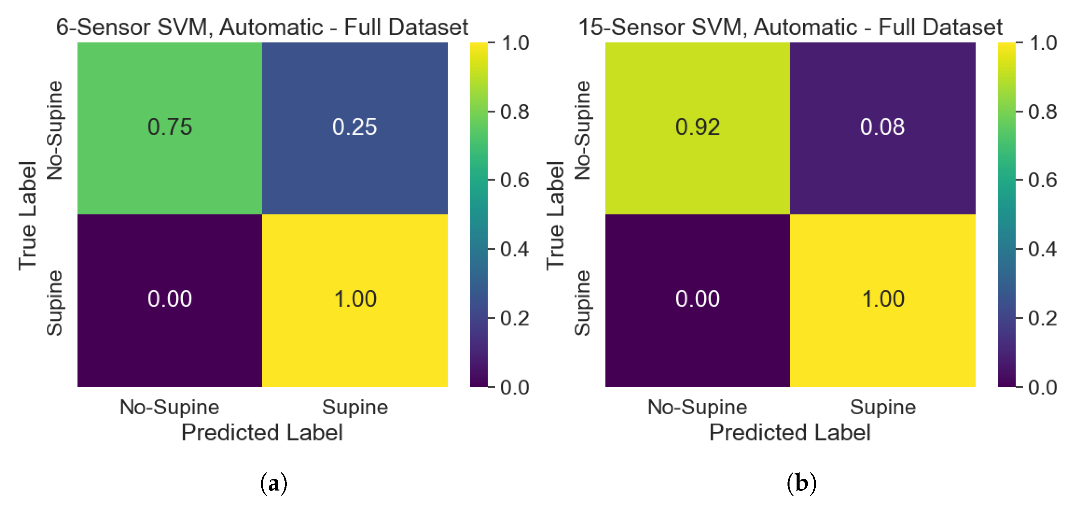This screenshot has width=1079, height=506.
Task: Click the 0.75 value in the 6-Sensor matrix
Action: coord(170,127)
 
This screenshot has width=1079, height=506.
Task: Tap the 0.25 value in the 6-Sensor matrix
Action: coord(354,127)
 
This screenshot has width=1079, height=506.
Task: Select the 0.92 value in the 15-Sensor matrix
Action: coord(698,127)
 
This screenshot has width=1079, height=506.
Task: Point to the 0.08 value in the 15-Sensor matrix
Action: coord(882,127)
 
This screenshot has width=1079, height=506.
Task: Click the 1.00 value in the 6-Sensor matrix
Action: coord(355,299)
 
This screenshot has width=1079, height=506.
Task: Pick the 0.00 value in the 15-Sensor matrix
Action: coord(698,299)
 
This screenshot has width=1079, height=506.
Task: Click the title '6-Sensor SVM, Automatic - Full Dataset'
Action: coord(262,27)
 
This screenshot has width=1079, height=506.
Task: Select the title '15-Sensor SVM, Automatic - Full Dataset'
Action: coord(790,27)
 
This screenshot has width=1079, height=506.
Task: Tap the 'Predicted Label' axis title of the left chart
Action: coord(262,432)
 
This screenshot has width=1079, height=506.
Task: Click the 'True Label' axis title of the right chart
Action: coord(555,215)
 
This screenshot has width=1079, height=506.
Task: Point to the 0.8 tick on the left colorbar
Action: coord(515,112)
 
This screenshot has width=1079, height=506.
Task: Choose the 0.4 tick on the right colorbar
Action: coord(1042,249)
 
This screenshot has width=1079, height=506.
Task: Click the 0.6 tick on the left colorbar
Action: coord(515,181)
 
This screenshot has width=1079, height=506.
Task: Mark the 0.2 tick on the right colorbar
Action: coord(1042,319)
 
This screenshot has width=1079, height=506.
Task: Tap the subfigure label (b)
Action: coord(801,483)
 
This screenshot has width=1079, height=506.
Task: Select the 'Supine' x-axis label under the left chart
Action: coord(355,407)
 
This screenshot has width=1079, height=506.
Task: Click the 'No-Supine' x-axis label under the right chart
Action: coord(698,407)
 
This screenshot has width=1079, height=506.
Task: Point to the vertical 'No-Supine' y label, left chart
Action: coord(54,130)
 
